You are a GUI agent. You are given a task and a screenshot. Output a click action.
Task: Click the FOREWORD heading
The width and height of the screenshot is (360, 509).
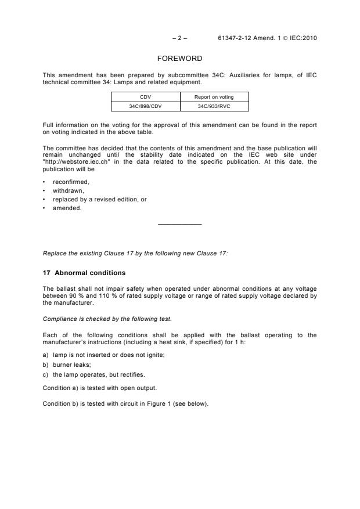tap(180, 59)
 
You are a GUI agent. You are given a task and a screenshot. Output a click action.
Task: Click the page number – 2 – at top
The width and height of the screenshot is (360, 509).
tap(179, 38)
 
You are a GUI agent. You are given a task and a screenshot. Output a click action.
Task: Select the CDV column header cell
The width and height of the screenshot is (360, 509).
tap(145, 98)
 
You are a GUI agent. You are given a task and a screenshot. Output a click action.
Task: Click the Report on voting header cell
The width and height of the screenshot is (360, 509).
tap(214, 98)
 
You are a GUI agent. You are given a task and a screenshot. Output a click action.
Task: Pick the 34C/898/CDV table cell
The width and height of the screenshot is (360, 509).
tap(145, 106)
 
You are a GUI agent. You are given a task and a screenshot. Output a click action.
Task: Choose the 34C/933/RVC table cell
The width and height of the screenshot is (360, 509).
tap(214, 106)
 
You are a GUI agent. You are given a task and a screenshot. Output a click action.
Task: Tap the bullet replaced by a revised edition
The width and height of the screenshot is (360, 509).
tap(99, 200)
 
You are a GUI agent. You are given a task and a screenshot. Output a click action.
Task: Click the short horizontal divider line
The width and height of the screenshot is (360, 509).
tap(179, 224)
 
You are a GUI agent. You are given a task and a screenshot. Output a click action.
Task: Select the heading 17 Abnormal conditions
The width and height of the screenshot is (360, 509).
tap(84, 273)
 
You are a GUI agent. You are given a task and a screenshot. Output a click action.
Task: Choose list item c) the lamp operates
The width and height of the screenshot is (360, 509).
tap(93, 374)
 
